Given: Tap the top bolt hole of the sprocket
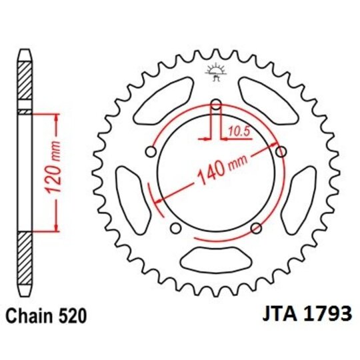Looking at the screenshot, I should [x=215, y=104].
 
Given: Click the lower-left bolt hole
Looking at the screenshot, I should [x=176, y=229].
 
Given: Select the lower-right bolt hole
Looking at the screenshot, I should [x=255, y=229].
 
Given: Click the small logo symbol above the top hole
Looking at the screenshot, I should [x=215, y=72].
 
